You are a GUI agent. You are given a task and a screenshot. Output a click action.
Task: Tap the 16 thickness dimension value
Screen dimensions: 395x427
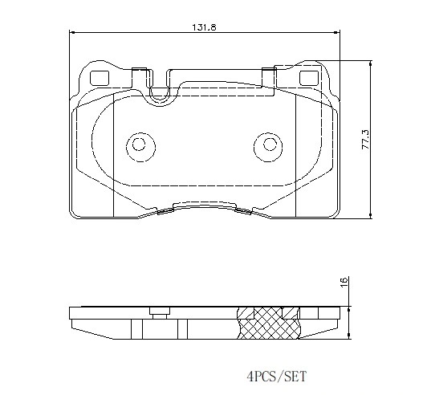[344, 282]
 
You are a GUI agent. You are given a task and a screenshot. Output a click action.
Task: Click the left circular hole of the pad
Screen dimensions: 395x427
[138, 145]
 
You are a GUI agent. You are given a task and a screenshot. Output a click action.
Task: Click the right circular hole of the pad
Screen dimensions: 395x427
[270, 145]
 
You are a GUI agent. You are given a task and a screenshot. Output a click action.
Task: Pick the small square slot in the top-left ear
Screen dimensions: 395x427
[100, 79]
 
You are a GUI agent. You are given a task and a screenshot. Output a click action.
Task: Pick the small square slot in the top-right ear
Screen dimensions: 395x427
[307, 79]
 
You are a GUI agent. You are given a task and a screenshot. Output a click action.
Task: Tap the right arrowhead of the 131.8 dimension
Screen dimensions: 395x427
[335, 33]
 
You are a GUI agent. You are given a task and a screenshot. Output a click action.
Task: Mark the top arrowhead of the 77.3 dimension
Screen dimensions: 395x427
[370, 63]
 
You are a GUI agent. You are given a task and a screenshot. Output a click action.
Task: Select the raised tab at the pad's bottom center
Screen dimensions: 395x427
[205, 205]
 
